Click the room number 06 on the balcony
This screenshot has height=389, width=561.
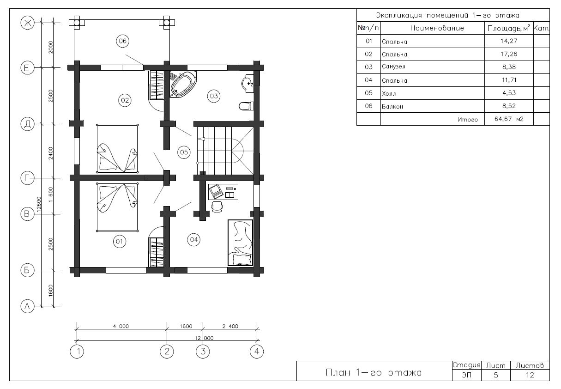[x=123, y=41]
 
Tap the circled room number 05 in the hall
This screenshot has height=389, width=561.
[x=184, y=152]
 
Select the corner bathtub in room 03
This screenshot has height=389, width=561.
[x=183, y=84]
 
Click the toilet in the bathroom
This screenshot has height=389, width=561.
[x=247, y=106]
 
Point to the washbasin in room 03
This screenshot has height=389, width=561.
[x=248, y=84]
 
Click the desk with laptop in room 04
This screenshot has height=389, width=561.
[x=223, y=192]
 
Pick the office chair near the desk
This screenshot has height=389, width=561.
[x=217, y=207]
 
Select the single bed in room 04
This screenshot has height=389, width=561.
[x=240, y=243]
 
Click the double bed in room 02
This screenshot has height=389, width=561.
[x=117, y=149]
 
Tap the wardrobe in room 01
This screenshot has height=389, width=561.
[x=156, y=252]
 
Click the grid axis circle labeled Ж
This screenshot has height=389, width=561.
[x=27, y=23]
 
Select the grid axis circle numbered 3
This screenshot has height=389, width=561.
[x=203, y=352]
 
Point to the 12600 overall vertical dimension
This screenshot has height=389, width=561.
[x=39, y=204]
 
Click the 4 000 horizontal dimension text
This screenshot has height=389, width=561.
[x=121, y=326]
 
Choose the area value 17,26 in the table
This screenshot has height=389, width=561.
[x=509, y=54]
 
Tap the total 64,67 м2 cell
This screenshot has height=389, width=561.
[x=509, y=119]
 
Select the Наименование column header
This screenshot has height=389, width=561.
[x=437, y=28]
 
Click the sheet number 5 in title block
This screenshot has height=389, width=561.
[x=496, y=375]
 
